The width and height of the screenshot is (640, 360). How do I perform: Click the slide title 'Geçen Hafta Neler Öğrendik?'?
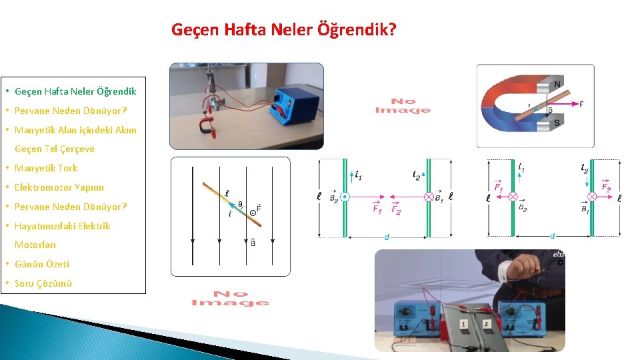283,30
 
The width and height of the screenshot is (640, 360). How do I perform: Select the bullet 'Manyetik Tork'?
46,168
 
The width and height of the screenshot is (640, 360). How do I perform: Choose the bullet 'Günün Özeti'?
42,264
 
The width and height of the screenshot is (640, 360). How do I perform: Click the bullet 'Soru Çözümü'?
43,283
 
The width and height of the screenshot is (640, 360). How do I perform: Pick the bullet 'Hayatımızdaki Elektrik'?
63,226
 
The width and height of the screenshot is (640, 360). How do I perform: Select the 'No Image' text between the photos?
402,106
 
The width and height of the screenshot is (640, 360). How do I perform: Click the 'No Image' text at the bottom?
230,298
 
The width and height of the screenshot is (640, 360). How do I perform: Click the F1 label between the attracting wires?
377,209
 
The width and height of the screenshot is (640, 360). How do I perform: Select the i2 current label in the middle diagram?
417,175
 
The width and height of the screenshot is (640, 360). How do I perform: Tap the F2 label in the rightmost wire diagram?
606,188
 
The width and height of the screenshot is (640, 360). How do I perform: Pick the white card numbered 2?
487,323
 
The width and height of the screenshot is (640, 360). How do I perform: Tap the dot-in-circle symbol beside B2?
345,197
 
